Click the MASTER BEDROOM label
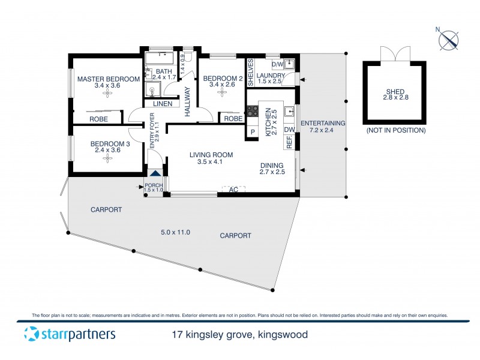pyautogui.click(x=107, y=79)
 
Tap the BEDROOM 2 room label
pyautogui.click(x=223, y=79)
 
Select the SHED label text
pyautogui.click(x=394, y=92)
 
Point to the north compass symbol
pyautogui.click(x=449, y=40)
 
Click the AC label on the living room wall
pyautogui.click(x=234, y=190)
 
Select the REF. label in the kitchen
pyautogui.click(x=289, y=142)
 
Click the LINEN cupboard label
pyautogui.click(x=162, y=104)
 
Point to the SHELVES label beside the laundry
pyautogui.click(x=251, y=70)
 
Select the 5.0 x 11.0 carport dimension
pyautogui.click(x=175, y=232)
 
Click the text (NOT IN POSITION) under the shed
pyautogui.click(x=394, y=130)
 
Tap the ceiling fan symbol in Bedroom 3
pyautogui.click(x=107, y=158)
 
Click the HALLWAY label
pyautogui.click(x=187, y=101)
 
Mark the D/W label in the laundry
pyautogui.click(x=277, y=64)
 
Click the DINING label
pyautogui.click(x=272, y=165)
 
